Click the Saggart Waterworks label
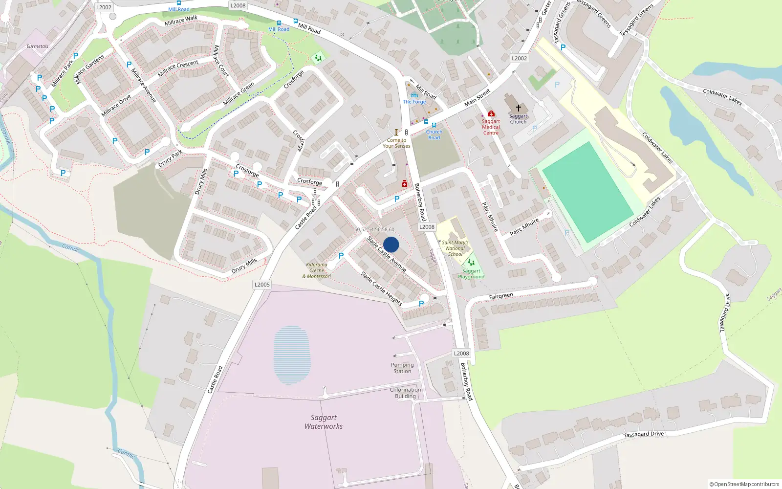point(324,422)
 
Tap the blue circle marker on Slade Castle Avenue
point(391,244)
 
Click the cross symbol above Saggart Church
point(518,108)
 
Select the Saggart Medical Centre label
point(491,127)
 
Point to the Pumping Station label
point(402,368)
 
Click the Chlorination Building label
point(405,393)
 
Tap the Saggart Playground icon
point(471,263)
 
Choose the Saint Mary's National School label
point(455,248)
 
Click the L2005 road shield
point(262,285)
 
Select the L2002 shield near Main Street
point(519,58)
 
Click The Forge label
point(414,102)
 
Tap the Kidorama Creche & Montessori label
point(317,270)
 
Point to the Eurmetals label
point(38,46)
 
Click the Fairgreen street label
point(501,296)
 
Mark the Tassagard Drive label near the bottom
point(643,434)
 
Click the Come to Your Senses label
point(396,143)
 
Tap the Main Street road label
point(477,98)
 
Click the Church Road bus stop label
point(434,134)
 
